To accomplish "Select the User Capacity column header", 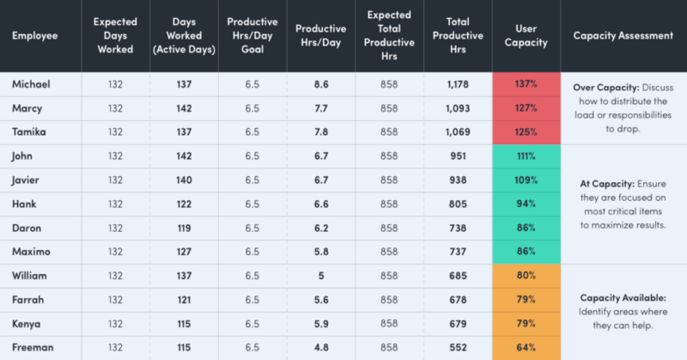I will (526, 36).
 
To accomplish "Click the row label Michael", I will (31, 84).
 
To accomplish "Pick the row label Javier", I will (28, 180).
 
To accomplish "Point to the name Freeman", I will (33, 348).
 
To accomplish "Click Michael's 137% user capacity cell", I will (526, 84).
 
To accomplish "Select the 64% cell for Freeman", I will (526, 348).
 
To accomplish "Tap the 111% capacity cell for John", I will (526, 156).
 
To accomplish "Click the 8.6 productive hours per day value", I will (319, 84).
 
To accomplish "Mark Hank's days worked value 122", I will (184, 204).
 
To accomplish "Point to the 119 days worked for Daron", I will (184, 228).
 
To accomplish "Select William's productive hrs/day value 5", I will (319, 276).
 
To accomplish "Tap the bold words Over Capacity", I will (598, 88).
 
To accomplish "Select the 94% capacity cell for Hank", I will (526, 204).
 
